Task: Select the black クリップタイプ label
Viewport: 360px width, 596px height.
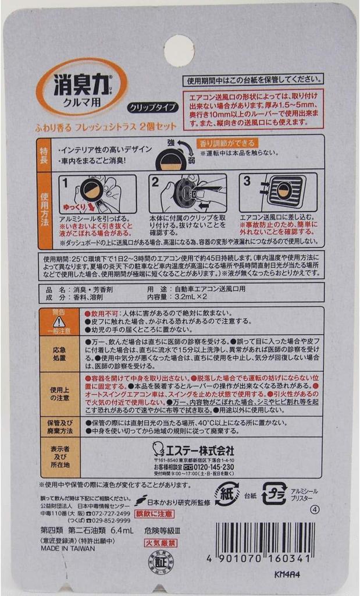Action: pos(152,107)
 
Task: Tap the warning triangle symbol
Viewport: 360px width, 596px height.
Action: pos(59,321)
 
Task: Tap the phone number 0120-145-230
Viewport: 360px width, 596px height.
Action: pos(212,467)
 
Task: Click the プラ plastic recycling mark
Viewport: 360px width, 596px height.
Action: pos(274,494)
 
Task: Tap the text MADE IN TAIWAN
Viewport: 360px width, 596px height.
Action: pos(63,548)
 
